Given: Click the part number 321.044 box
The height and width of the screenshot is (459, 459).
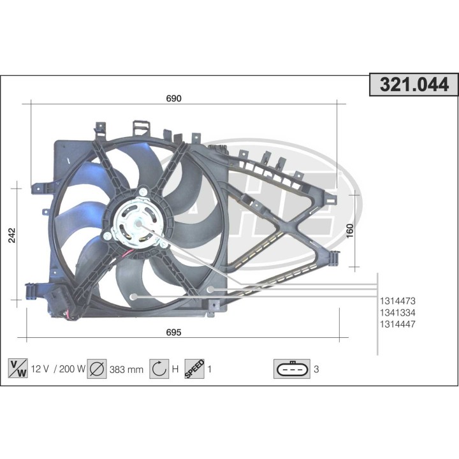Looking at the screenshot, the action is point(414,85).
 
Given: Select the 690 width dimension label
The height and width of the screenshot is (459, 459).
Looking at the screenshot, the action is point(173,99).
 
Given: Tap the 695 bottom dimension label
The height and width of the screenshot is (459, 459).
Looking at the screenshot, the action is point(173,332).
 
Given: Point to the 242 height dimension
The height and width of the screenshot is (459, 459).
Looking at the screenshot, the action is point(12,235).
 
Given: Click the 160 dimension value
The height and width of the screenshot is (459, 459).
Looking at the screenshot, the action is point(350,231).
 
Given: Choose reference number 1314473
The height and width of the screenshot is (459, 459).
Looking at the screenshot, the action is point(398,301).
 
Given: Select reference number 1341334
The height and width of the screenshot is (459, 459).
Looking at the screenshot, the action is point(398,312).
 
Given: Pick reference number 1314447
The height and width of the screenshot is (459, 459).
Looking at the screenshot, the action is point(398,324).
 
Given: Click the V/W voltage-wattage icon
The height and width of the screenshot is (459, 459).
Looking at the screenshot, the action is point(18,368).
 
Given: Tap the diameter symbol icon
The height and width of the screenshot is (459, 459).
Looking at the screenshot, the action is point(97,369).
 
